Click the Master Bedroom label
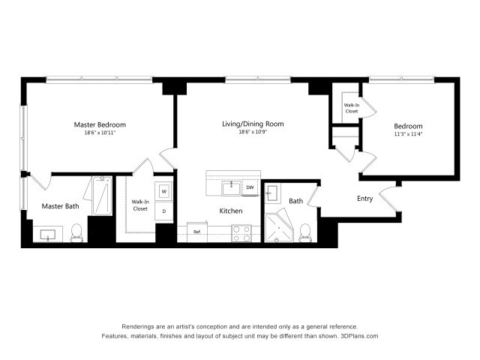(99, 124)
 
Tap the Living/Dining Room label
(252, 124)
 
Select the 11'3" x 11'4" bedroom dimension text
(409, 135)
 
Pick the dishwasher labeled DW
(250, 187)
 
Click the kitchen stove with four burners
(241, 234)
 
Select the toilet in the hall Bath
(305, 232)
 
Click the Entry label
(364, 199)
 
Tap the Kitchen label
(231, 211)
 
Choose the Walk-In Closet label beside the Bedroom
(352, 108)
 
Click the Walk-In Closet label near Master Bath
(140, 205)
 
